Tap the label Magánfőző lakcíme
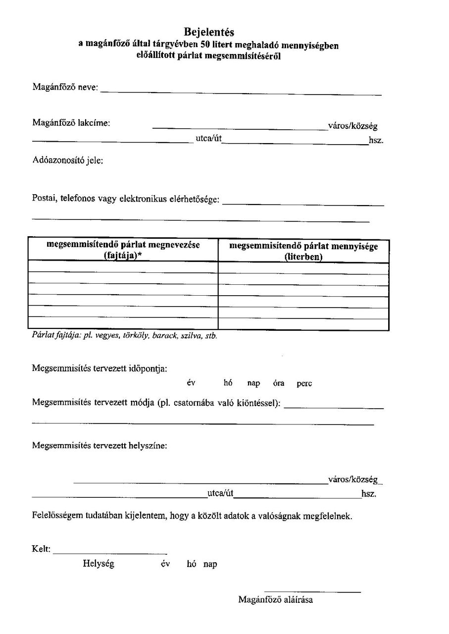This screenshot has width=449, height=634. [71, 122]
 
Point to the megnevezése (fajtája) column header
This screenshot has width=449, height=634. [123, 250]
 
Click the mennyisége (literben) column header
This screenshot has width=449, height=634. [303, 251]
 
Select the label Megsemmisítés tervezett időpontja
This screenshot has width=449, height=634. [100, 369]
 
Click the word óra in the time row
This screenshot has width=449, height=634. [278, 383]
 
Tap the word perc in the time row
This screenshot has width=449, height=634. [304, 383]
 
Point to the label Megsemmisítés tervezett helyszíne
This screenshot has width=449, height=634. [100, 445]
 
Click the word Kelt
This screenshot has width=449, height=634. [41, 549]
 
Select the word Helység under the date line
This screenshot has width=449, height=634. [99, 564]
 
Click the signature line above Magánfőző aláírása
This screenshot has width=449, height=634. [312, 591]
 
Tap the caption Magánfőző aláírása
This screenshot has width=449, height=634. [276, 600]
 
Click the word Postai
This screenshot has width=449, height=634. [44, 199]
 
